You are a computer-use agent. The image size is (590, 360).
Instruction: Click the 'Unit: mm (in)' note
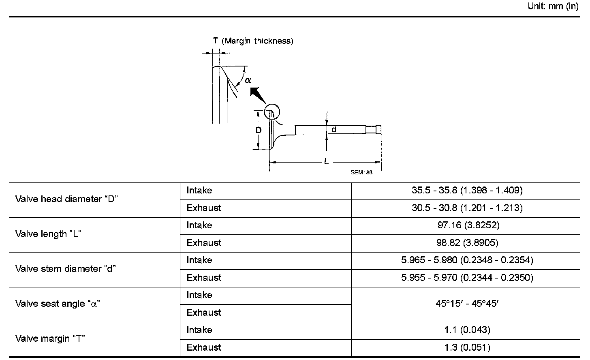(x=553, y=7)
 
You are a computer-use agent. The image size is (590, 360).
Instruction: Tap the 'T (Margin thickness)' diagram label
(x=253, y=41)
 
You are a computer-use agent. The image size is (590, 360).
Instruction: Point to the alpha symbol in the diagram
(x=248, y=81)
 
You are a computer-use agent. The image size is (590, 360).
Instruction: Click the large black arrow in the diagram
(x=257, y=96)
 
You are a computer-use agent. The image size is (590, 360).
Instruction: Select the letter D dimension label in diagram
(x=259, y=130)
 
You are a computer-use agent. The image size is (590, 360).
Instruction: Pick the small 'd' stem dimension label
(x=334, y=130)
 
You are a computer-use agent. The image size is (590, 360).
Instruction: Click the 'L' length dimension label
(x=326, y=162)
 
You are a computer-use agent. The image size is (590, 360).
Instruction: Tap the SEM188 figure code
(x=361, y=172)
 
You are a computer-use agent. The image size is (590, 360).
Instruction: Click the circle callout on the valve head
(x=272, y=112)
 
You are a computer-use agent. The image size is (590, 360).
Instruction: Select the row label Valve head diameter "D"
(x=66, y=199)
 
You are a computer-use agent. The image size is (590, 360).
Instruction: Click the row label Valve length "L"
(x=48, y=234)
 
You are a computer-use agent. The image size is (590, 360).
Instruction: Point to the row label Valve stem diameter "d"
(x=66, y=269)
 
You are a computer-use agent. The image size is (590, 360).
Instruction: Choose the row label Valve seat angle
(x=58, y=304)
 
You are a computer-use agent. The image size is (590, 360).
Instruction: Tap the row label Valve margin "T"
(x=50, y=339)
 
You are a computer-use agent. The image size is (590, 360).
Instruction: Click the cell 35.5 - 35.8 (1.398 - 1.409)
(x=467, y=190)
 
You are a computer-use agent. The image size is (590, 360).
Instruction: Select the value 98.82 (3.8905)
(x=467, y=242)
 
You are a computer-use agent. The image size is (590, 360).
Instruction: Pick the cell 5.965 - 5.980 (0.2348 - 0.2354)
(x=467, y=260)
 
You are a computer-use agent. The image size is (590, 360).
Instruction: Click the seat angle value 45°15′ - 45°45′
(x=467, y=304)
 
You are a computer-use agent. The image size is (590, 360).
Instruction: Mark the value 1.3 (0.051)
(x=467, y=347)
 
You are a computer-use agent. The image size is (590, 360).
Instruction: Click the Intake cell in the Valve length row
(x=199, y=225)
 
